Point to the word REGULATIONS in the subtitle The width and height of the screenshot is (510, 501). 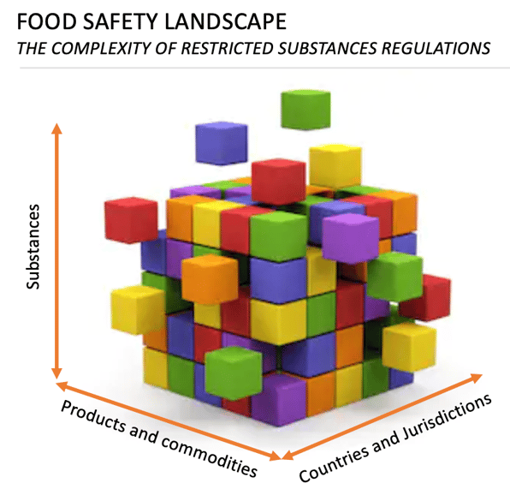(x=436, y=49)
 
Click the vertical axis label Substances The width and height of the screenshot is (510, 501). (x=33, y=247)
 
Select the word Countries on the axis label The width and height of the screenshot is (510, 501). (x=334, y=462)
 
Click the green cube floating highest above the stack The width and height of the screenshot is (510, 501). (x=305, y=110)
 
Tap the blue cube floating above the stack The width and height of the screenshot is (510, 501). (x=222, y=143)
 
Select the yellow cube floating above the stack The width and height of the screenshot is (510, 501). (x=335, y=165)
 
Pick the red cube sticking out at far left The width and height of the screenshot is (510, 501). (x=131, y=220)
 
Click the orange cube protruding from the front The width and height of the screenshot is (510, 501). (x=210, y=278)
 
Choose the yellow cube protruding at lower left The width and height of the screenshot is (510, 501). (x=139, y=309)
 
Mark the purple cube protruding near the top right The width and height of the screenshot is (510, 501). (x=351, y=239)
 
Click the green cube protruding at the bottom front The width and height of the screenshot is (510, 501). (x=234, y=373)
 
